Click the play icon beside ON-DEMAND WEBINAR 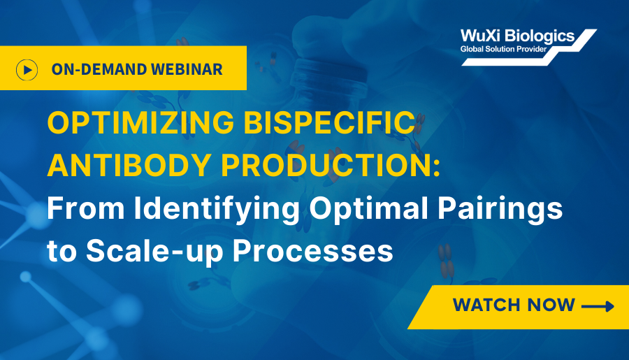coord(27,70)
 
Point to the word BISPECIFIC coord(330,122)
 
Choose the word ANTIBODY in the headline coord(129,166)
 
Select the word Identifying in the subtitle coord(217,209)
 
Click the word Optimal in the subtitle coord(368,209)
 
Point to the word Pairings coord(500,209)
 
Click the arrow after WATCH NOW coord(598,307)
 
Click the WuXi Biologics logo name coord(517,36)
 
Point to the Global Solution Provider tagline coord(503,50)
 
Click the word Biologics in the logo coord(540,36)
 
